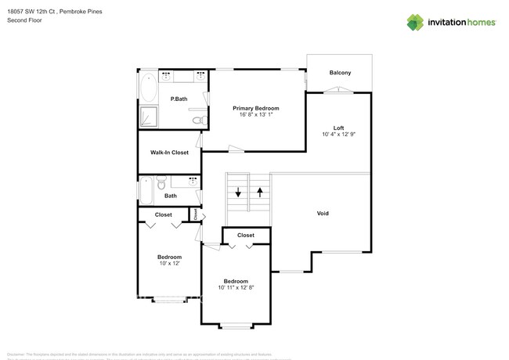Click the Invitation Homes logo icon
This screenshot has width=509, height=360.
(416, 22)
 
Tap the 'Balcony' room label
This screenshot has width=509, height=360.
(340, 73)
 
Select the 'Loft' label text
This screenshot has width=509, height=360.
(338, 128)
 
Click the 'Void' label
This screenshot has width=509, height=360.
(323, 213)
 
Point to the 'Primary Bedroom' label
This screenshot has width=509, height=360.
(255, 108)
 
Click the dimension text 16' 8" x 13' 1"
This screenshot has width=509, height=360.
(255, 115)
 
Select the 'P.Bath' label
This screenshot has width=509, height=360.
(179, 99)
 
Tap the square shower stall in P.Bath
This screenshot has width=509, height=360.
(148, 117)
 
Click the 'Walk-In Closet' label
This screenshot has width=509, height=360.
(169, 153)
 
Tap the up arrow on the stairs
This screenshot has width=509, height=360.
(259, 192)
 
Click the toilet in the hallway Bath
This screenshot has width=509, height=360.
(161, 185)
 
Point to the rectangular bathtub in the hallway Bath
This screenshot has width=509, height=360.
(146, 190)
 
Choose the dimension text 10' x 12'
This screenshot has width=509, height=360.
(169, 263)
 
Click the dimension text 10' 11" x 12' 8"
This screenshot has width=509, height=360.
(236, 287)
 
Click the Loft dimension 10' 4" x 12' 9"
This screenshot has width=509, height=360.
(338, 135)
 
